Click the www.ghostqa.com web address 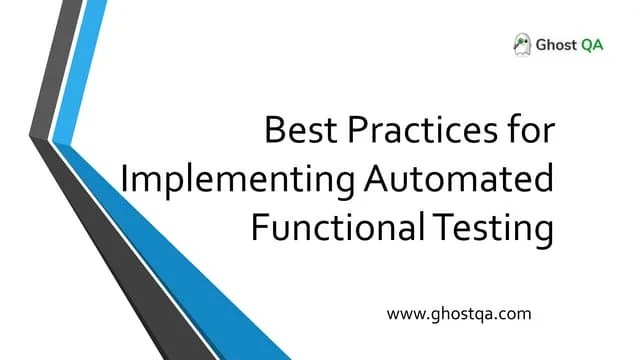click(x=458, y=313)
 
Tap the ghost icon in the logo click(x=521, y=43)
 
